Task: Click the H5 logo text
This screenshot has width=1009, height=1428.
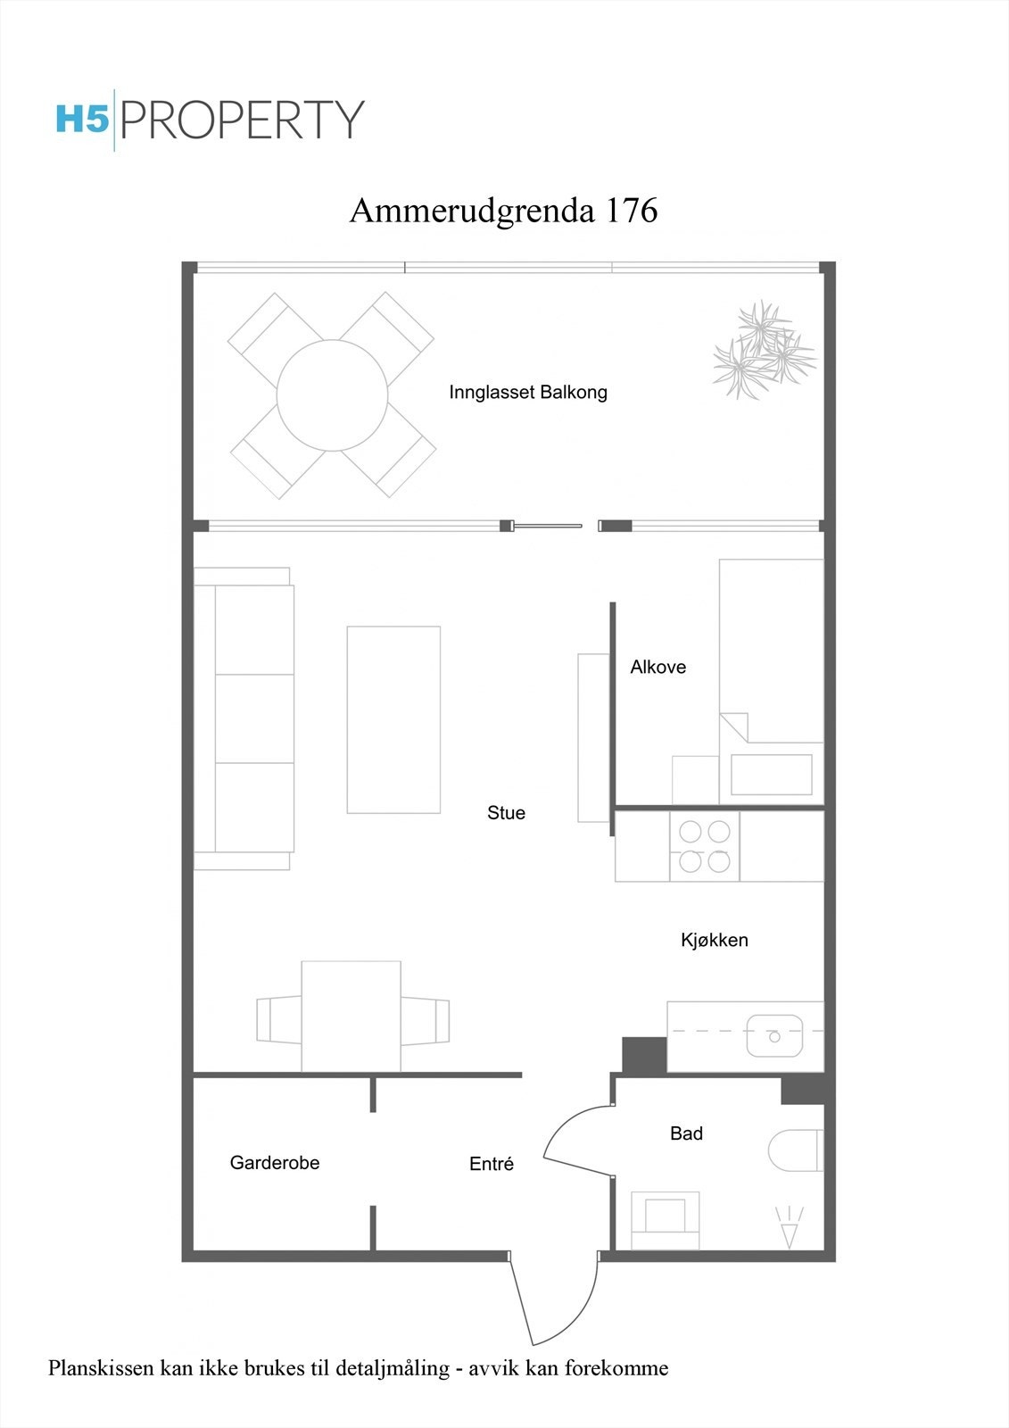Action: point(82,119)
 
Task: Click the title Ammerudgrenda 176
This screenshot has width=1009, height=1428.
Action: point(503,211)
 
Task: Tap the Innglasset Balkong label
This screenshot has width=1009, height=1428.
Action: point(528,392)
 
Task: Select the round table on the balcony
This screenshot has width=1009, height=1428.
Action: point(332,395)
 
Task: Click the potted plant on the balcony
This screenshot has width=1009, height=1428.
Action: point(763,350)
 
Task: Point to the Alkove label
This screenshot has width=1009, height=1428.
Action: point(658,667)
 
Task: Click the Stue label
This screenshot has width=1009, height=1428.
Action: point(506,813)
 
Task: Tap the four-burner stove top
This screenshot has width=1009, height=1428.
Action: point(705,846)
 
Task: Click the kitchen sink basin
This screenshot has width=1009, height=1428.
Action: point(774,1036)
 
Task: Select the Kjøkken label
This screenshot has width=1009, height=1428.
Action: point(714,940)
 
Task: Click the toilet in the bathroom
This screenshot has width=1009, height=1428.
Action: point(796,1150)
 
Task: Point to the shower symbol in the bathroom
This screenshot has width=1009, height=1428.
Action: point(790,1227)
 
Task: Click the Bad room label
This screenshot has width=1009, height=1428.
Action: point(686,1133)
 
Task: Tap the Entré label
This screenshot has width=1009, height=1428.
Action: point(492,1164)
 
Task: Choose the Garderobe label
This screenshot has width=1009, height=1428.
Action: point(275,1163)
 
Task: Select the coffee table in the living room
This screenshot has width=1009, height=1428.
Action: point(393,719)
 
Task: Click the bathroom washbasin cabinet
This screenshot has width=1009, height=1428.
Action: point(665,1220)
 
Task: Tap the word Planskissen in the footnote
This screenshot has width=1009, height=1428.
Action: point(101,1368)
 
